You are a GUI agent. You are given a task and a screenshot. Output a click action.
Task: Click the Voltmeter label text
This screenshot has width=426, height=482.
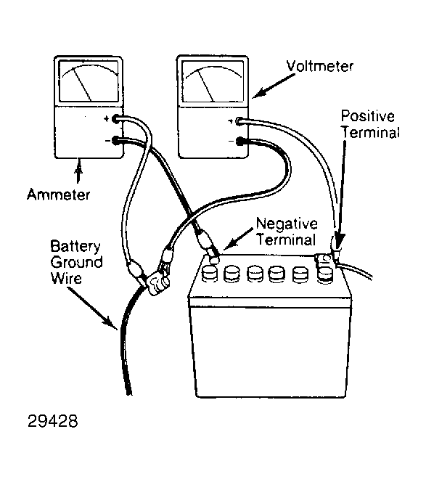pyautogui.click(x=319, y=66)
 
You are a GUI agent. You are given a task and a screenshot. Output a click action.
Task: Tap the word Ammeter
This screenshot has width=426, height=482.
pyautogui.click(x=58, y=195)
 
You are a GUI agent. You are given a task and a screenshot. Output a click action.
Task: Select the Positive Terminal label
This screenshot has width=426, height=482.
pyautogui.click(x=370, y=125)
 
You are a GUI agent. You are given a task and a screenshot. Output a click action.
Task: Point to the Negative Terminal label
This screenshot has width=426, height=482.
pyautogui.click(x=287, y=232)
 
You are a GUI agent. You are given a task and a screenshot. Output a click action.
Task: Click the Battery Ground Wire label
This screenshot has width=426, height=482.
pyautogui.click(x=76, y=262)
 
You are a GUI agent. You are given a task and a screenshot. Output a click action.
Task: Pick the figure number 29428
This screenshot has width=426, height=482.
pyautogui.click(x=52, y=421)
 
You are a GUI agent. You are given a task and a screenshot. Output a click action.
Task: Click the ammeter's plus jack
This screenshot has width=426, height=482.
pyautogui.click(x=115, y=118)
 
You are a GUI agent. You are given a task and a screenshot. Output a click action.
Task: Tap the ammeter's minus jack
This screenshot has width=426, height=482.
pyautogui.click(x=115, y=141)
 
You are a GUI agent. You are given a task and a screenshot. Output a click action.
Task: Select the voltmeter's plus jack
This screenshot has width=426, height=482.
pyautogui.click(x=239, y=121)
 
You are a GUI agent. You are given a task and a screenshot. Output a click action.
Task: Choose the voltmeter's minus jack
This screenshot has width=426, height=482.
pyautogui.click(x=239, y=142)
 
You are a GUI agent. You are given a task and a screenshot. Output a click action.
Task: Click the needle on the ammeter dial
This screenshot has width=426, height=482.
pyautogui.click(x=83, y=85)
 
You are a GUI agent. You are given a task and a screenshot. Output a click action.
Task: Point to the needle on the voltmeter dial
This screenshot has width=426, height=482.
pyautogui.click(x=206, y=86)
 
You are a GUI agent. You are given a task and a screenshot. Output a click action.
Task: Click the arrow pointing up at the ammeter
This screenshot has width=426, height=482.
pyautogui.click(x=79, y=171)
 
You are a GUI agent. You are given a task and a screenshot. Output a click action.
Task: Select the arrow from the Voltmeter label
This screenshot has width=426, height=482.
pyautogui.click(x=274, y=86)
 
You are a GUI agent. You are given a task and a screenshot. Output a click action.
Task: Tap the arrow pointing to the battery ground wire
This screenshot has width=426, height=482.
pyautogui.click(x=91, y=308)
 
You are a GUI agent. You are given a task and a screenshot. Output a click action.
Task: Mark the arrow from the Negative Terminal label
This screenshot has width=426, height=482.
pyautogui.click(x=239, y=239)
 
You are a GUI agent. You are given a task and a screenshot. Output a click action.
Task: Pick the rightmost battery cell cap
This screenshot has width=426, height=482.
pyautogui.click(x=325, y=274)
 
